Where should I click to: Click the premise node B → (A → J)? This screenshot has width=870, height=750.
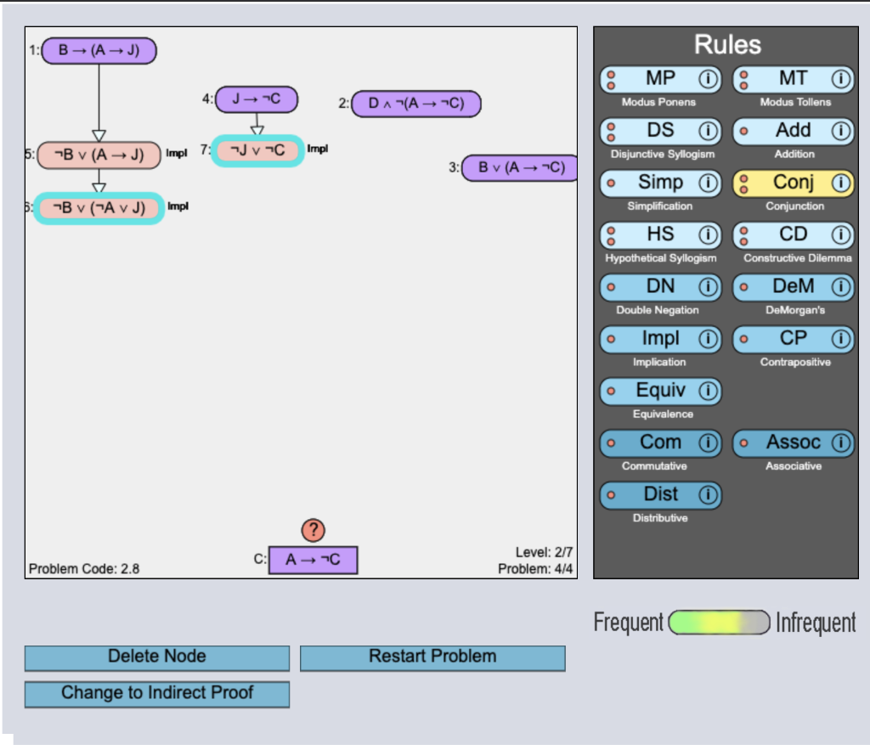point(99,50)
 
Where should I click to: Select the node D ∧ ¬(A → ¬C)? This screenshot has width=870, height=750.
point(416,104)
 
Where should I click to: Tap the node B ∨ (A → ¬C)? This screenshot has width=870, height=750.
point(520,167)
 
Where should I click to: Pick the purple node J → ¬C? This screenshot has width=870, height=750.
point(257,99)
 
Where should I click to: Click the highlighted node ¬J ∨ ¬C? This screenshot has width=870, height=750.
point(257,150)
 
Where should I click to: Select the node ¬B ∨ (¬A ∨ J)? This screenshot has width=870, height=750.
point(99,208)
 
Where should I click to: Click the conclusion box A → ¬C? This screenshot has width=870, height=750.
point(313,560)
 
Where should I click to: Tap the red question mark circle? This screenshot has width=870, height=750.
point(313,530)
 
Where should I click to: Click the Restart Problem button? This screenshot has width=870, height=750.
point(432,658)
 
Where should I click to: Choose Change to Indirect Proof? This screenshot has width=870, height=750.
point(157,694)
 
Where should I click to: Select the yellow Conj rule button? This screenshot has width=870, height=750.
point(794,183)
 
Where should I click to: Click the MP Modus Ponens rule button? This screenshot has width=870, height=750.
point(660,79)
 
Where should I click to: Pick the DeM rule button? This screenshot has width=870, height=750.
point(794,287)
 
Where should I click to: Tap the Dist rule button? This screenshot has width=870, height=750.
point(660,495)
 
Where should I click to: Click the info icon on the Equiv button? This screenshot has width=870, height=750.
point(708,391)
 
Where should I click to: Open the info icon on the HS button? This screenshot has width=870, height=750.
point(708,235)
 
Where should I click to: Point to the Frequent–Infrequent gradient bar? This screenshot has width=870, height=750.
point(719,623)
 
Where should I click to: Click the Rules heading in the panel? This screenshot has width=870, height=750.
point(727,44)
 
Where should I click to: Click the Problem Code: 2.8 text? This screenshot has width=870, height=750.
point(84,568)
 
